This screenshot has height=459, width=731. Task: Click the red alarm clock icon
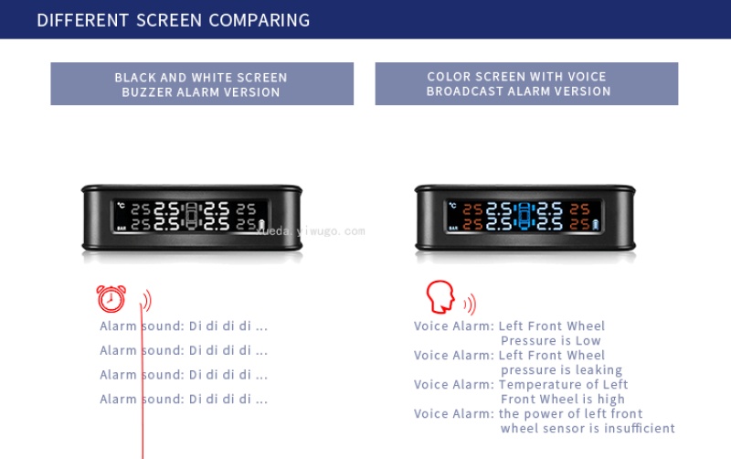click(x=111, y=299)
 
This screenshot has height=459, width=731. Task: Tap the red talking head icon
click(x=440, y=296)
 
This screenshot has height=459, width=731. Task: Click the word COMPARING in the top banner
click(x=260, y=20)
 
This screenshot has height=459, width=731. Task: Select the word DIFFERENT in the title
click(x=82, y=20)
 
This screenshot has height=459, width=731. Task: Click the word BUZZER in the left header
click(x=146, y=92)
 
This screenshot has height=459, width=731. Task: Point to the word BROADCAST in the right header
click(x=464, y=91)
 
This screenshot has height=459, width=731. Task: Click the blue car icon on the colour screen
click(x=524, y=217)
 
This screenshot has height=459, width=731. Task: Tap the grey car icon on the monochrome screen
click(x=191, y=217)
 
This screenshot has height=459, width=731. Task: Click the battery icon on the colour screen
click(x=596, y=225)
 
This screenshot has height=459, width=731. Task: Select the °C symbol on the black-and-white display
click(x=121, y=205)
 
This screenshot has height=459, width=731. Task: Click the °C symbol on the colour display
click(x=452, y=205)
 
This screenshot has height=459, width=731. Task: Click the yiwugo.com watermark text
click(x=311, y=231)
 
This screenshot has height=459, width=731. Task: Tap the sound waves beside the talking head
click(x=471, y=304)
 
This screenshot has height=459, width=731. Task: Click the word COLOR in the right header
click(x=445, y=77)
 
